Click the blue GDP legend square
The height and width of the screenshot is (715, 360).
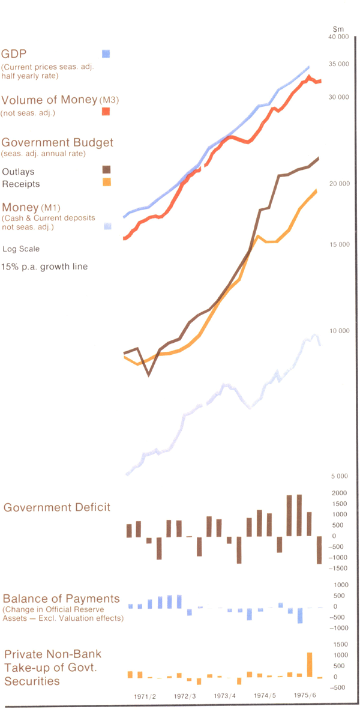(x=106, y=53)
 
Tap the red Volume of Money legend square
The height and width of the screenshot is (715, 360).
(x=106, y=111)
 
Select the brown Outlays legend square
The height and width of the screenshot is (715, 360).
(x=106, y=170)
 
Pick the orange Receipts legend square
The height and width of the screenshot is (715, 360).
(x=106, y=182)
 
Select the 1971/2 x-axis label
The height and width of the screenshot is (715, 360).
(x=145, y=696)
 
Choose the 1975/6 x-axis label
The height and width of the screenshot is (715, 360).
(x=305, y=695)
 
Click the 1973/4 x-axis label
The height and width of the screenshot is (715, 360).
(x=225, y=696)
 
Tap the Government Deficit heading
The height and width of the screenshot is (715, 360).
(x=57, y=507)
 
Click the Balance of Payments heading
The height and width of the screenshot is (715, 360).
(x=61, y=599)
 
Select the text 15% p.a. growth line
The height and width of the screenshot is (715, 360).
(x=44, y=266)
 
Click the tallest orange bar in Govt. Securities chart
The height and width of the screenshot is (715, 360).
(x=310, y=665)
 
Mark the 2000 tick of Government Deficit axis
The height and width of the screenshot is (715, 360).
(x=339, y=493)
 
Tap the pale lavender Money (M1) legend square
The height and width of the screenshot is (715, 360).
(x=107, y=226)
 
